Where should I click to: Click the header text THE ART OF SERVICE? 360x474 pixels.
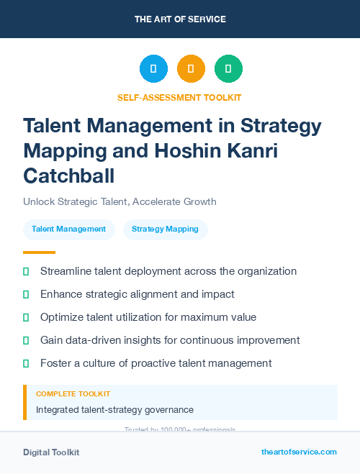180,19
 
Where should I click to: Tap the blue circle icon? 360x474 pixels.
153,69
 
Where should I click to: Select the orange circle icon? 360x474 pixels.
191,69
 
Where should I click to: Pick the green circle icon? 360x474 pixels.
228,69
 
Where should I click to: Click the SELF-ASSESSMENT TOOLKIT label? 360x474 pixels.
179,97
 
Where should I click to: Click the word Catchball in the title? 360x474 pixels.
69,175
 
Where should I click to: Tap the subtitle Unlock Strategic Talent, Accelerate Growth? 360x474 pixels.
120,201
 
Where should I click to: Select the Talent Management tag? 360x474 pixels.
69,229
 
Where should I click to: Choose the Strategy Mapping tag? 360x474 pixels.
165,229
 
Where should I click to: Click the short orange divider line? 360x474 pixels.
39,252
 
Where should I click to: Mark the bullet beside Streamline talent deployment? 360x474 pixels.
26,272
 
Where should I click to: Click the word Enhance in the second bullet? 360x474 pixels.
62,294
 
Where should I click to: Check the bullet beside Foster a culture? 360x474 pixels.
26,363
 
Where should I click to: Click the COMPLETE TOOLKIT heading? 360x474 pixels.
73,394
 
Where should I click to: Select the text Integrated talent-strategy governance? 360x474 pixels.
114,409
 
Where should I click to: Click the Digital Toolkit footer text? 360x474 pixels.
51,452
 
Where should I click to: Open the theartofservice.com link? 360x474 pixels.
299,452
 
